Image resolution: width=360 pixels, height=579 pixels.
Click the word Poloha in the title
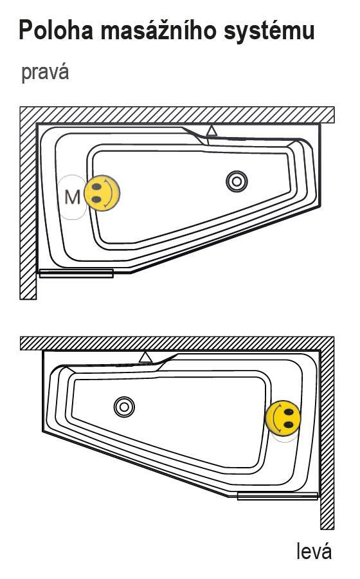click(x=56, y=30)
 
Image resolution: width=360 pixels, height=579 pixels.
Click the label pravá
click(x=45, y=72)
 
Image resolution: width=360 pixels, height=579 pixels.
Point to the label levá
click(x=314, y=551)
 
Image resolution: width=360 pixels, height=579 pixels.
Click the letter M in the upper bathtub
click(x=72, y=198)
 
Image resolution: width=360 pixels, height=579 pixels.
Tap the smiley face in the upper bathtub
click(x=102, y=193)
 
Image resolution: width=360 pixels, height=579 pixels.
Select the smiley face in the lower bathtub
click(x=283, y=418)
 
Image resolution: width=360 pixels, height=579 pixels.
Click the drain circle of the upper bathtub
click(x=237, y=181)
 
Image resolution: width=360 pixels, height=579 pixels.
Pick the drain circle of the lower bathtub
click(x=124, y=407)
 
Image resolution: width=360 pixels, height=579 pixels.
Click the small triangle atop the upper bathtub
click(x=212, y=131)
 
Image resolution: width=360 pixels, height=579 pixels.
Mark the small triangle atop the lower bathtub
click(x=146, y=358)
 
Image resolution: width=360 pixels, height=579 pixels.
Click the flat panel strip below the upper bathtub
click(x=76, y=273)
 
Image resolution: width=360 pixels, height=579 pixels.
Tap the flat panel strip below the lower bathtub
click(x=277, y=496)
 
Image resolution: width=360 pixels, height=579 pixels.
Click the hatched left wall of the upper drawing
click(x=28, y=210)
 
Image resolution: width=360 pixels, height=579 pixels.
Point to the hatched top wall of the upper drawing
click(x=177, y=115)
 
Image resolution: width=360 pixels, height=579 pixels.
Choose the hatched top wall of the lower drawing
click(x=177, y=343)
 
